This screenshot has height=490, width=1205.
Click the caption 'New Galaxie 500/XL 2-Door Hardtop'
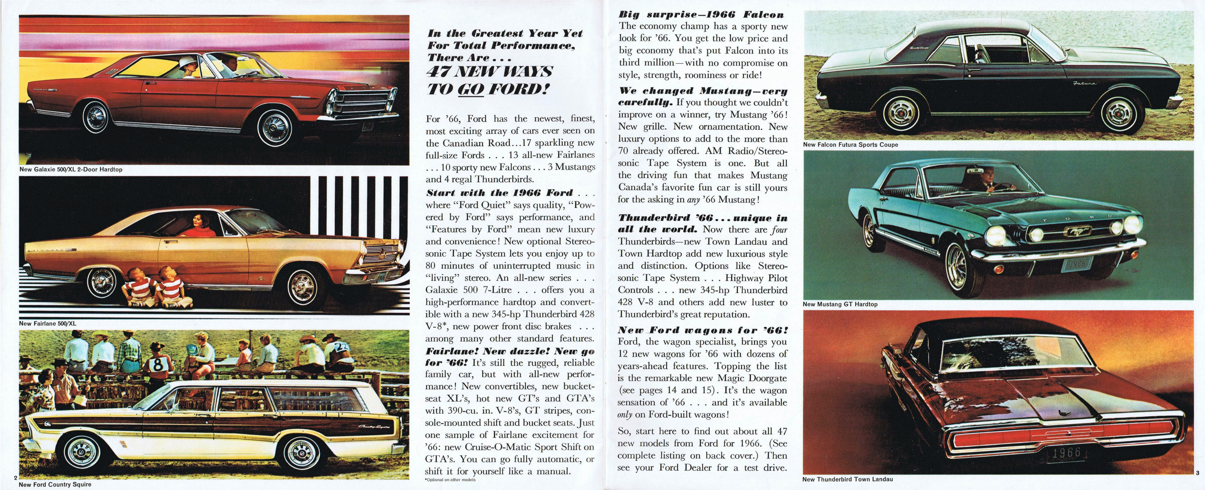pyautogui.click(x=71, y=169)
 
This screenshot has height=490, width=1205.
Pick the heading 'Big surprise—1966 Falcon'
pyautogui.click(x=701, y=15)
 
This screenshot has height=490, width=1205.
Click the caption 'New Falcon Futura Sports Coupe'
pyautogui.click(x=850, y=145)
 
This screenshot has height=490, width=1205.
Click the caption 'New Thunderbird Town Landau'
pyautogui.click(x=847, y=479)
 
